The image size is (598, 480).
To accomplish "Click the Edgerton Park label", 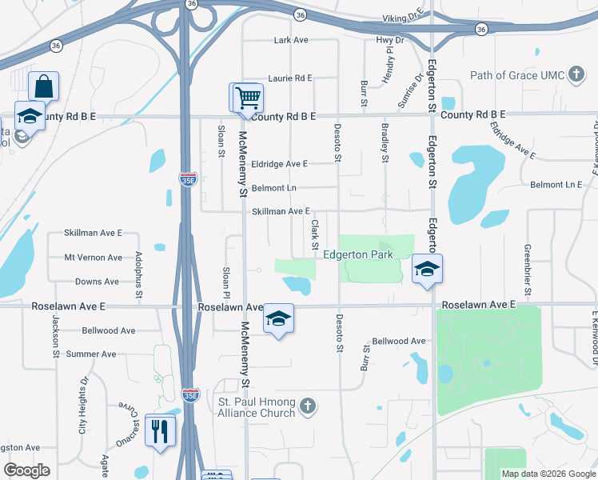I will [358, 255].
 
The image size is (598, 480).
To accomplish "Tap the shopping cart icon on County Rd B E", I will [249, 98].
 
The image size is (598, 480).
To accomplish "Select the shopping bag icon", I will [44, 86].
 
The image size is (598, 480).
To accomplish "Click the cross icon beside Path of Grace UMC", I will [576, 76].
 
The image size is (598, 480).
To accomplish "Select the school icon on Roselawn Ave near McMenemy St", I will [278, 318].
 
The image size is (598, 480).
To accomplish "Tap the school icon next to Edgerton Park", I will [428, 269].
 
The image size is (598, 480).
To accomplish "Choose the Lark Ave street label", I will [291, 39].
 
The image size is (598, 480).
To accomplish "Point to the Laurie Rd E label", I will [290, 78].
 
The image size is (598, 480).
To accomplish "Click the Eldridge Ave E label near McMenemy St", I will [279, 164].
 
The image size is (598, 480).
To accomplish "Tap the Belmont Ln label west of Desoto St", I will [274, 189].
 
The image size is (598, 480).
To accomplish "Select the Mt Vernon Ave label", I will [94, 258].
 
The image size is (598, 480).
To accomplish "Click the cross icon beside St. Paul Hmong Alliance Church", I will [308, 407].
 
